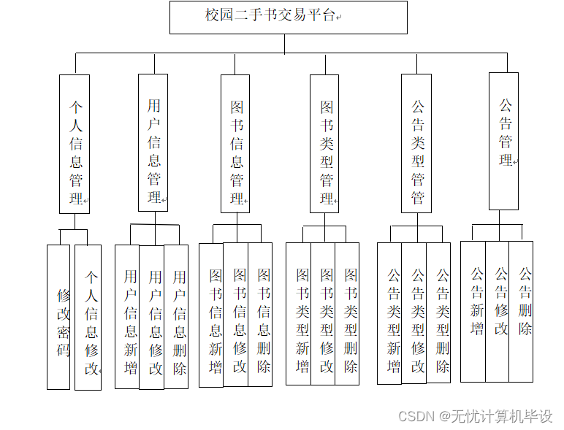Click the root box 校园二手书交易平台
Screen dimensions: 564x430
click(x=288, y=17)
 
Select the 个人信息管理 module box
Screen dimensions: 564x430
click(x=75, y=144)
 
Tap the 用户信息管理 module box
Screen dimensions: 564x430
click(x=153, y=142)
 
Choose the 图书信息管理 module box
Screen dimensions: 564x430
click(x=235, y=144)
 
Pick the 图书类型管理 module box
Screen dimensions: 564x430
click(x=324, y=144)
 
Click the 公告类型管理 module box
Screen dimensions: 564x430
click(x=416, y=144)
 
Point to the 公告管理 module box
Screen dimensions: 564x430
click(x=504, y=141)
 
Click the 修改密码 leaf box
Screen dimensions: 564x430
click(x=58, y=317)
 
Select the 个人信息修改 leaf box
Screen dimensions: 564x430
click(x=88, y=317)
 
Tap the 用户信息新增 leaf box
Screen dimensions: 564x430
click(x=127, y=316)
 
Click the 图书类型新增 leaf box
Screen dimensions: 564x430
click(x=299, y=314)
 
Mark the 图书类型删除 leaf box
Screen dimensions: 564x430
click(x=348, y=314)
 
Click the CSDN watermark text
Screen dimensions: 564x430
click(x=475, y=416)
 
